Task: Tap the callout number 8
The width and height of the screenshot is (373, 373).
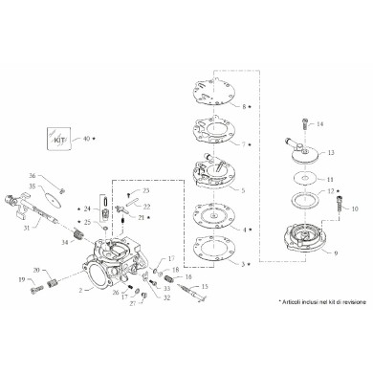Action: click(x=245, y=105)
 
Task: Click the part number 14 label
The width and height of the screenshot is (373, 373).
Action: click(x=320, y=124)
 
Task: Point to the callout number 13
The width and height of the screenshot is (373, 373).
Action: click(x=330, y=152)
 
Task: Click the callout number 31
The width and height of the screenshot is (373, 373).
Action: click(x=27, y=227)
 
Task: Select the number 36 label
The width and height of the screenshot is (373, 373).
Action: click(x=32, y=175)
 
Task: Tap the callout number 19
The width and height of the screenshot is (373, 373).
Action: click(x=20, y=280)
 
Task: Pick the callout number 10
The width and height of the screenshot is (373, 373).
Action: click(x=355, y=208)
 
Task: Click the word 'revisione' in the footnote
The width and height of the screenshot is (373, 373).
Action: click(x=343, y=301)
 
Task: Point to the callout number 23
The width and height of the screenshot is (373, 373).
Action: click(x=146, y=191)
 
